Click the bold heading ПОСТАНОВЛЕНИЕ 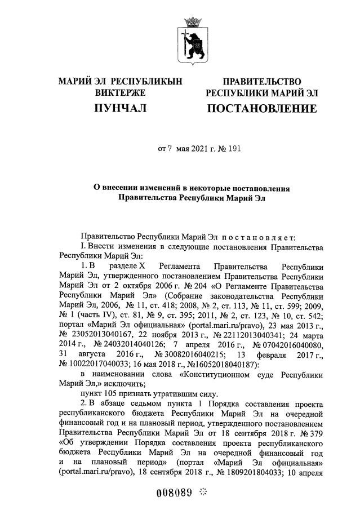coord(261,108)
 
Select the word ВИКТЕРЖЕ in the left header coord(120,92)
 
